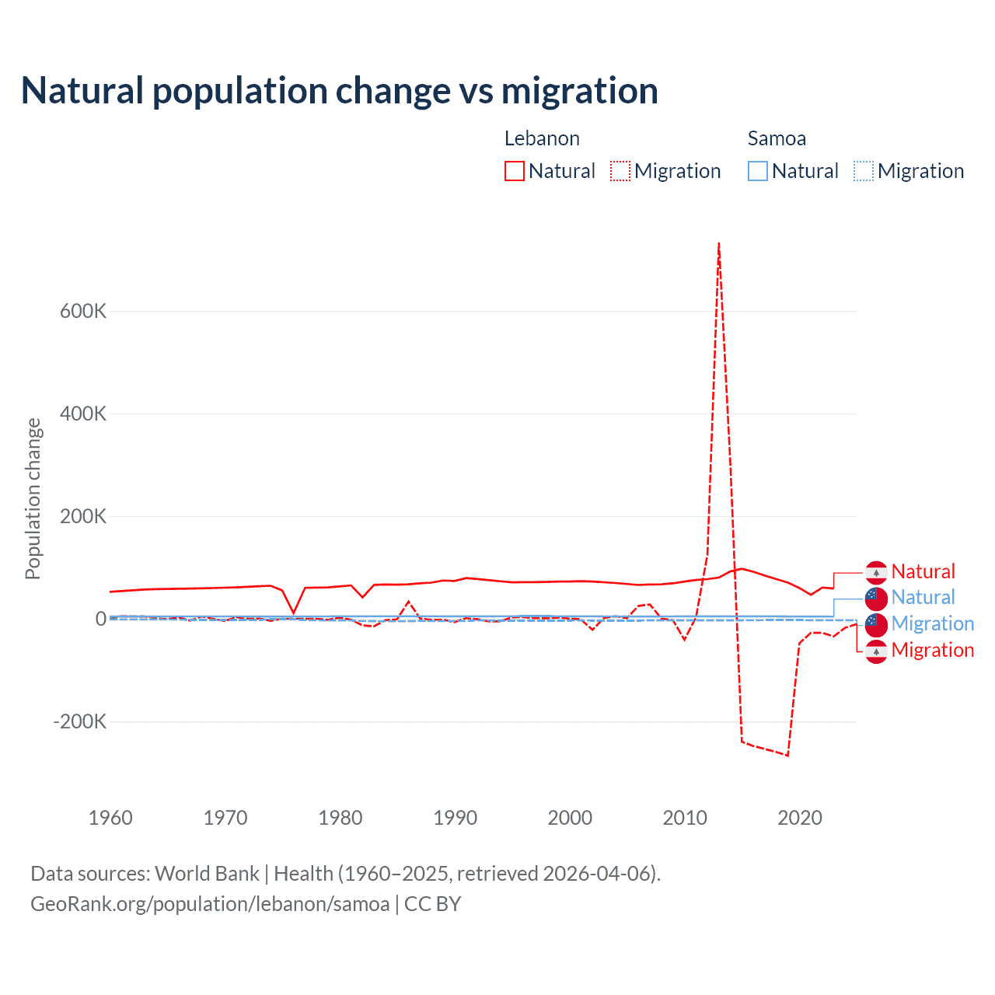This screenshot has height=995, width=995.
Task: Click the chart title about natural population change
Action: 340,91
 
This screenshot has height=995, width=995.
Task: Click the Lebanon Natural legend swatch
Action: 514,171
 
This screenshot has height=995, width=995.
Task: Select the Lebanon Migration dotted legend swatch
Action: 620,171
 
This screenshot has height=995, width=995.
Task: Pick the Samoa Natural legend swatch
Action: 757,171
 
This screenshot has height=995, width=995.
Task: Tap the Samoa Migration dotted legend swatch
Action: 863,171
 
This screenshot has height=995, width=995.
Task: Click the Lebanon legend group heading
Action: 542,138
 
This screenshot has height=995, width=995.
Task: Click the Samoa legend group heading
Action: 777,138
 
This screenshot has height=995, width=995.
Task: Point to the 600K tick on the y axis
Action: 83,311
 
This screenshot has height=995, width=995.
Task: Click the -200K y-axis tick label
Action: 80,721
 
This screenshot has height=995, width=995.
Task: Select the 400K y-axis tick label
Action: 83,414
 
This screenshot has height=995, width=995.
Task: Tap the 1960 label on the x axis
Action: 110,818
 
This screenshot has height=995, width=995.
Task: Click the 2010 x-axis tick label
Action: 685,818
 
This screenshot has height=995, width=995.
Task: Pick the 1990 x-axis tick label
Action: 455,818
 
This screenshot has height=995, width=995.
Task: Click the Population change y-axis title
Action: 33,498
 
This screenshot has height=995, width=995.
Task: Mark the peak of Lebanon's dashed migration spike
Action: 719,243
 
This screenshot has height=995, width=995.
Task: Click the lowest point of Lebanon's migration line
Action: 787,756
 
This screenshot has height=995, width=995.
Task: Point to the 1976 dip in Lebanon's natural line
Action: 294,613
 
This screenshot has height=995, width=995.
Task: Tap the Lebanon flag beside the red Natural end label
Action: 876,572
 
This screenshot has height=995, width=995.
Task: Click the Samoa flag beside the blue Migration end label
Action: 876,624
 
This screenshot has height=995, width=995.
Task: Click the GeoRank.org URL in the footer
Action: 210,904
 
